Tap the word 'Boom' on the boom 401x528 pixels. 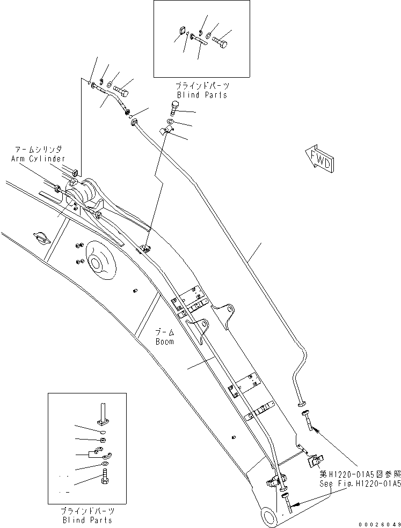coord(164,341)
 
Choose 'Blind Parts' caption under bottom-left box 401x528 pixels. coord(87,520)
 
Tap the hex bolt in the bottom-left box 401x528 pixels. coord(105,474)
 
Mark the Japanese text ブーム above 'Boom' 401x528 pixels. coord(164,333)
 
